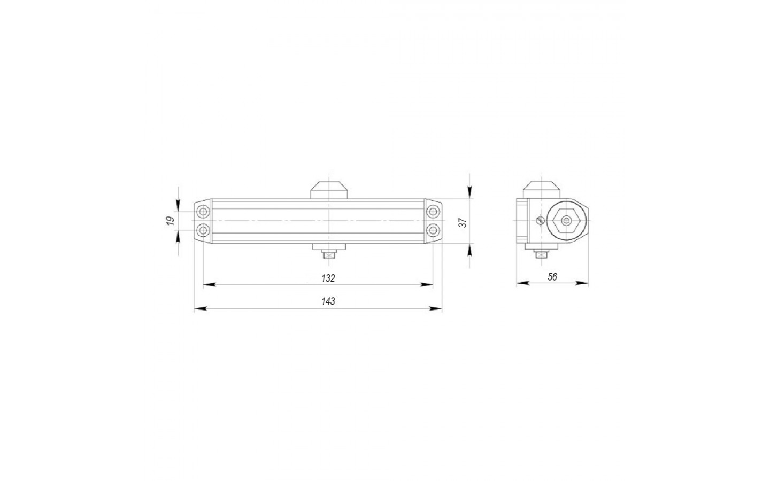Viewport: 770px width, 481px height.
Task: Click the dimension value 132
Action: tap(328, 278)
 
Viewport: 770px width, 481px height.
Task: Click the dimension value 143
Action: tap(328, 301)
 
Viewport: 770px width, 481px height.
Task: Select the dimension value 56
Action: tap(552, 277)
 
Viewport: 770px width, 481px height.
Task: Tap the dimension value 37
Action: tap(463, 223)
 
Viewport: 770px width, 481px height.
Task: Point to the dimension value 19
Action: tap(170, 221)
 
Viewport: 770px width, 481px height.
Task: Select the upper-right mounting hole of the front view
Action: tap(433, 211)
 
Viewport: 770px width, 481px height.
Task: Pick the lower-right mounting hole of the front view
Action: tap(433, 230)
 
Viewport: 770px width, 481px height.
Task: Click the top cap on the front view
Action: tap(329, 190)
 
